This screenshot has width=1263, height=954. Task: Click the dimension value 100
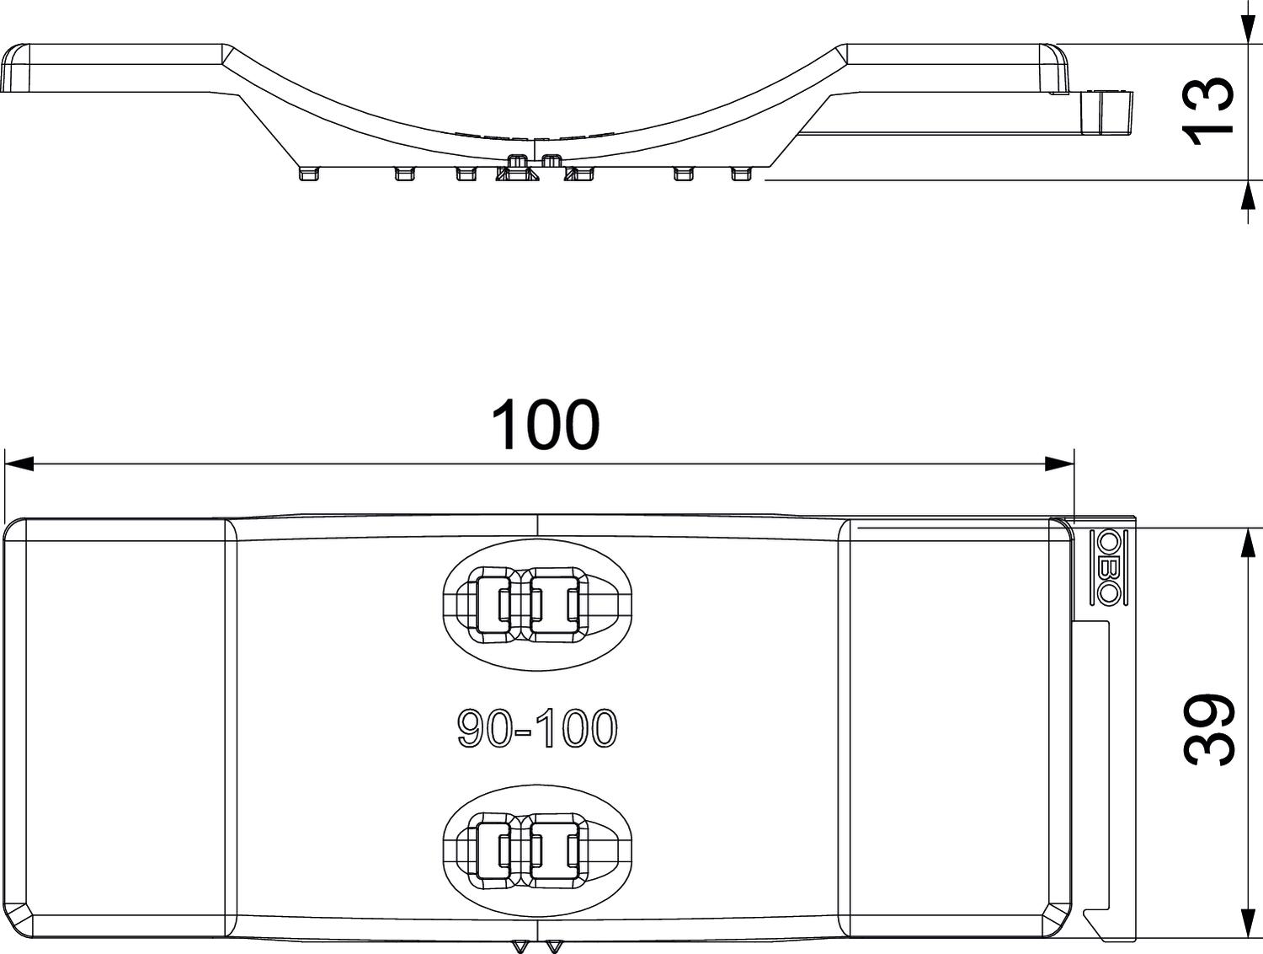pyautogui.click(x=545, y=425)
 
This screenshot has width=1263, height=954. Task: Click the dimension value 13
pyautogui.click(x=1210, y=110)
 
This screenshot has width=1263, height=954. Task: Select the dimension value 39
pyautogui.click(x=1210, y=730)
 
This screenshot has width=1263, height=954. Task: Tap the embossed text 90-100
pyautogui.click(x=537, y=729)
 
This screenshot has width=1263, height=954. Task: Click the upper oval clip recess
pyautogui.click(x=536, y=604)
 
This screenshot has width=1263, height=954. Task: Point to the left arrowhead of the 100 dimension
pyautogui.click(x=19, y=464)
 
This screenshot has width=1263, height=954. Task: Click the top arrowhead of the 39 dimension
pyautogui.click(x=1245, y=543)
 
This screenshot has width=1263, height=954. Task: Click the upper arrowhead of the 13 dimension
pyautogui.click(x=1245, y=29)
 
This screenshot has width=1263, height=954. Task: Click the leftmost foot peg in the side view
pyautogui.click(x=309, y=174)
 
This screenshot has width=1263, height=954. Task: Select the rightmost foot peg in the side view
pyautogui.click(x=741, y=174)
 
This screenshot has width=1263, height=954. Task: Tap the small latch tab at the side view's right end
pyautogui.click(x=1106, y=111)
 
